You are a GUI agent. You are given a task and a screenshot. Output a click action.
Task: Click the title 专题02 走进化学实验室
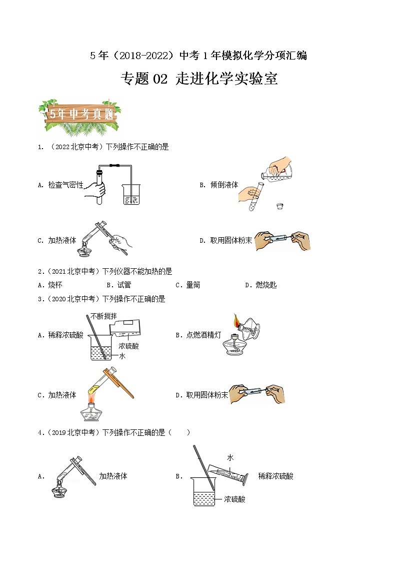point(199,79)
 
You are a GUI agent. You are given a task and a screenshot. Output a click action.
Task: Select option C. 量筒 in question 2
point(187,285)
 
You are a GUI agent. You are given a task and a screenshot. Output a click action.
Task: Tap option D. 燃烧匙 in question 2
point(260,285)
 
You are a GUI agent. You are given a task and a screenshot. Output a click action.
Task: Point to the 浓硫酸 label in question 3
point(128,346)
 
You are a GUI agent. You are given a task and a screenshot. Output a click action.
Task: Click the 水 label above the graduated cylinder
point(230,457)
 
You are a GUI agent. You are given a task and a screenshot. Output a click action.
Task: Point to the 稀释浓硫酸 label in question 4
point(275,476)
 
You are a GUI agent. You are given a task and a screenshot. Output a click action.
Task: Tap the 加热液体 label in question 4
point(113,476)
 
